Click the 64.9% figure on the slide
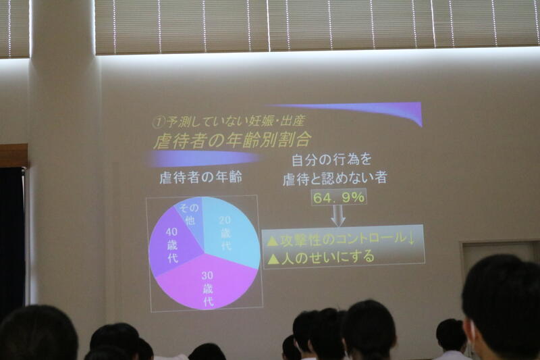pyautogui.click(x=339, y=197)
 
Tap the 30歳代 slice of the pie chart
pyautogui.click(x=207, y=282)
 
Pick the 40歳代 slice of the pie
pyautogui.click(x=172, y=245)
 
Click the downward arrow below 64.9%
pyautogui.click(x=338, y=215)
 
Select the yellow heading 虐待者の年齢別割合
pyautogui.click(x=232, y=140)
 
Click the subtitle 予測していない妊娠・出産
pyautogui.click(x=236, y=121)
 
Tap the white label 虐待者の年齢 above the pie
pyautogui.click(x=200, y=178)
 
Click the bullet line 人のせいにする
pyautogui.click(x=327, y=257)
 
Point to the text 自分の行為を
pyautogui.click(x=331, y=160)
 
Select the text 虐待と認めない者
pyautogui.click(x=335, y=178)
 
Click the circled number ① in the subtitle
pyautogui.click(x=159, y=122)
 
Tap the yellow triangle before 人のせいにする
pyautogui.click(x=273, y=259)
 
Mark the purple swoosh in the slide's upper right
pyautogui.click(x=379, y=110)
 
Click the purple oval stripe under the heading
pyautogui.click(x=203, y=159)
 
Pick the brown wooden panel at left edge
pyautogui.click(x=13, y=155)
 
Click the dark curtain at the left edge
pyautogui.click(x=12, y=238)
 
